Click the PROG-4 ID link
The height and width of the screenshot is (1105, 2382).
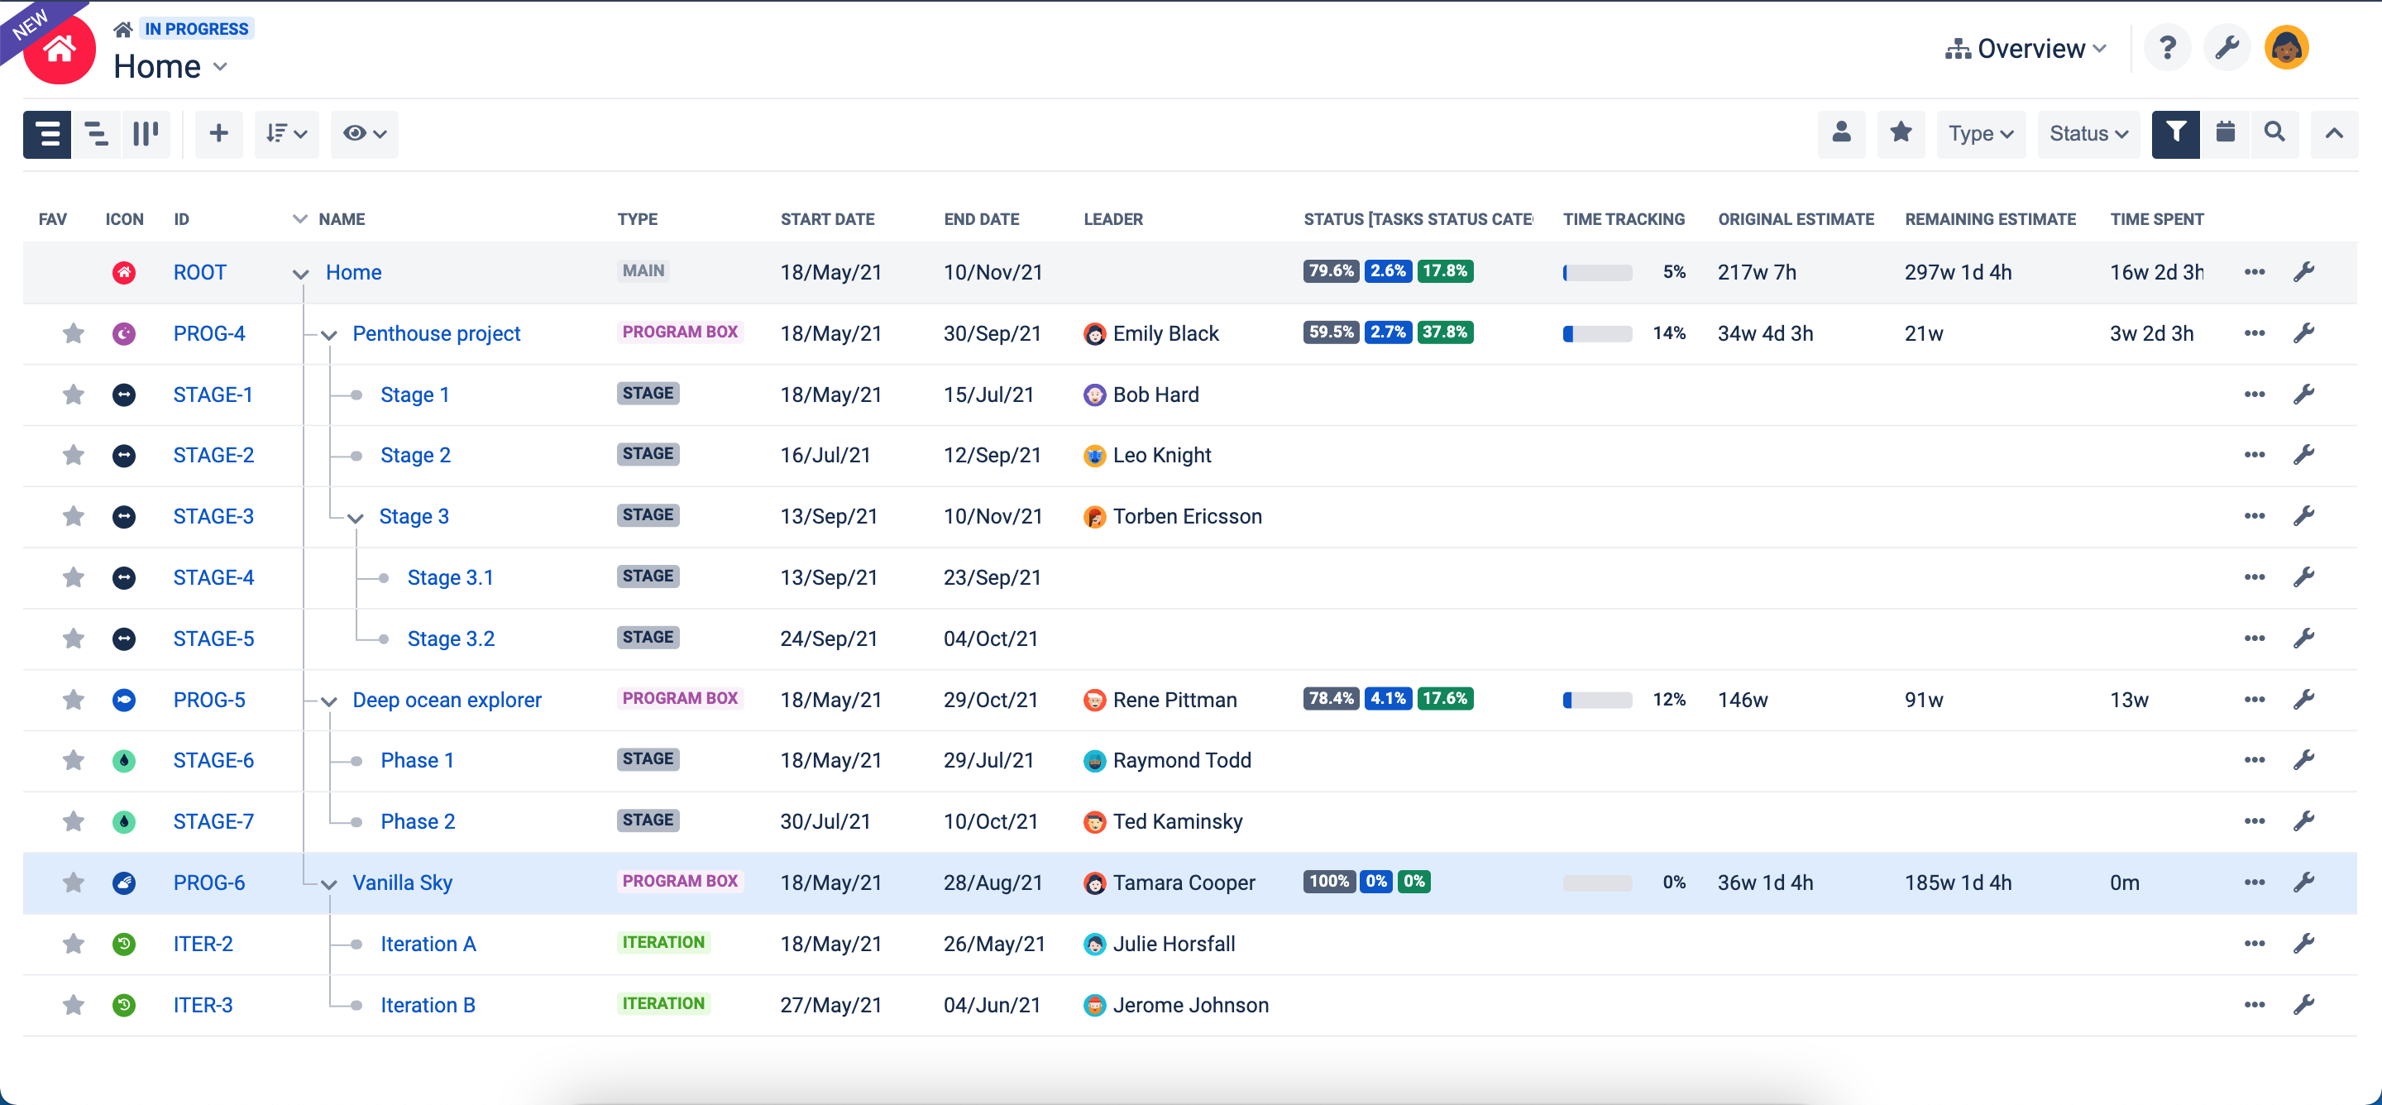click(209, 334)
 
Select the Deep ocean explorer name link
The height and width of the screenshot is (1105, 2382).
click(447, 700)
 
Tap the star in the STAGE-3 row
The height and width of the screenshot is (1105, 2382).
click(73, 516)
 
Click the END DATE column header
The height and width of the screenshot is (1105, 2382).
click(981, 219)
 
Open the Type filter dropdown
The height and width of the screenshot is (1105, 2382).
click(1981, 134)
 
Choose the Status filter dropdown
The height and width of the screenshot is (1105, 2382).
click(2088, 134)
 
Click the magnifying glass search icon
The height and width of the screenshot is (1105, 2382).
click(2274, 133)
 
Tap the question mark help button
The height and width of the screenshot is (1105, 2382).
click(2168, 48)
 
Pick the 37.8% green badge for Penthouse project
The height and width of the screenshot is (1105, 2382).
click(1444, 332)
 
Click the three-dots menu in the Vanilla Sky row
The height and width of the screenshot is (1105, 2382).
click(2255, 883)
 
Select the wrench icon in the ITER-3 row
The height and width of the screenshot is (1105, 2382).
click(2303, 1004)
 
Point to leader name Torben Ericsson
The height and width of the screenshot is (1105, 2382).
click(1186, 516)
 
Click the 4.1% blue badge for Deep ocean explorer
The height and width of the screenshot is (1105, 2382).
click(1388, 698)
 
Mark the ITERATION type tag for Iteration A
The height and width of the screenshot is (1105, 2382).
click(663, 942)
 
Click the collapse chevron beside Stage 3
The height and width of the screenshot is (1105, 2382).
click(356, 518)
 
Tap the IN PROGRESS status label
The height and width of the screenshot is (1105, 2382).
click(196, 29)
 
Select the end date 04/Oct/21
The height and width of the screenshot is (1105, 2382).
click(990, 639)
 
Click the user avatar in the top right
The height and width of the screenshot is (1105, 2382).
click(2286, 48)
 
